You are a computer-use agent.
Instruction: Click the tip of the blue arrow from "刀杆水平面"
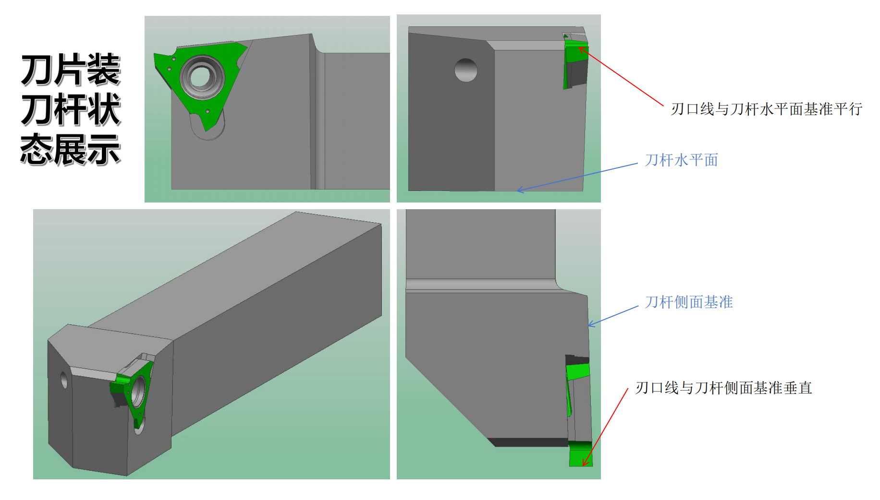point(517,191)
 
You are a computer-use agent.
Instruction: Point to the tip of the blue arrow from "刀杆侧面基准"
point(589,326)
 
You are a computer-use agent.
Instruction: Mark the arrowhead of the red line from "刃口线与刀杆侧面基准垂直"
point(584,465)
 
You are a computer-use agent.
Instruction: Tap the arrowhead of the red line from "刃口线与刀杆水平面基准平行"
point(579,47)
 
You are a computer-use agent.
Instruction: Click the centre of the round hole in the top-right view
point(466,70)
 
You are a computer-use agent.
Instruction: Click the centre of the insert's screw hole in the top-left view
point(202,77)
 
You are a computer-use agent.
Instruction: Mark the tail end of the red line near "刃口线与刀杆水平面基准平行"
point(663,106)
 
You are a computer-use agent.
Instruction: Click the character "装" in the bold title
point(104,70)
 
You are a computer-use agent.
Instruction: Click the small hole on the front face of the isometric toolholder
point(64,380)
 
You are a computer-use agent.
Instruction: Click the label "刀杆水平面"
point(681,160)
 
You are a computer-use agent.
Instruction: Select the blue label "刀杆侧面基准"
point(689,302)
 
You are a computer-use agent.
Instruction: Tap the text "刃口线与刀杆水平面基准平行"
point(767,109)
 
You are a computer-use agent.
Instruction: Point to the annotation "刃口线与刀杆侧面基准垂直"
point(724,388)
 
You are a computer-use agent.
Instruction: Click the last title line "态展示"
point(70,150)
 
